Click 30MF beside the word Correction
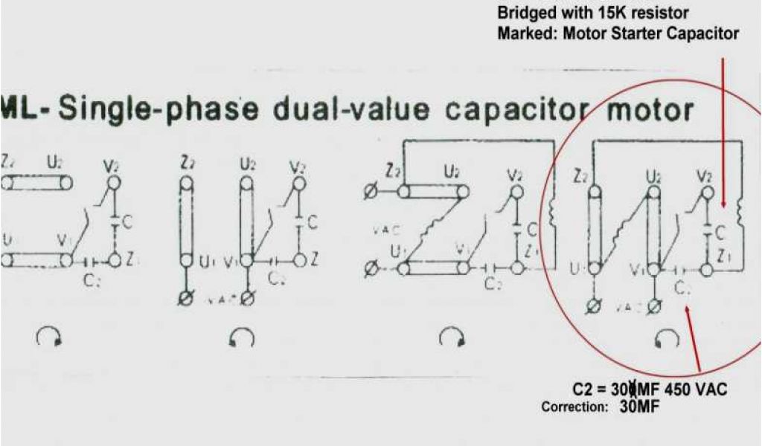640,407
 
